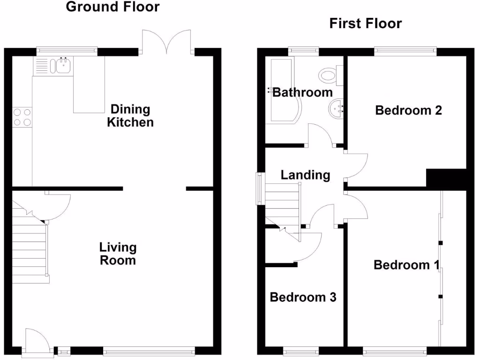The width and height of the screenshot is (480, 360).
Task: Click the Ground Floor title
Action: pyautogui.click(x=112, y=7)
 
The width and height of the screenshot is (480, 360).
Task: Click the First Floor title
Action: pyautogui.click(x=365, y=23)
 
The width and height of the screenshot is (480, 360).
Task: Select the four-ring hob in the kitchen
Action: pyautogui.click(x=22, y=117)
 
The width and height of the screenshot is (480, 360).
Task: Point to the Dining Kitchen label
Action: pyautogui.click(x=130, y=116)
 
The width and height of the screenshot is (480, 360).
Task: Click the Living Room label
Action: pyautogui.click(x=118, y=254)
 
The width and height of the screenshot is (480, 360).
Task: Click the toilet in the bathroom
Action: pyautogui.click(x=328, y=75)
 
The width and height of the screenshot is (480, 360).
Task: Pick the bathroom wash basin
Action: pyautogui.click(x=336, y=109)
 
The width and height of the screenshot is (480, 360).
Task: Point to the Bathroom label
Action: pyautogui.click(x=302, y=92)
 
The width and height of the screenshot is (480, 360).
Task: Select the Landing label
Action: pyautogui.click(x=305, y=175)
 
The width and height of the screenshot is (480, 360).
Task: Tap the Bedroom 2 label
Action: pyautogui.click(x=409, y=111)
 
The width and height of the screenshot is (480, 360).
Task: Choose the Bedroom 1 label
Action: pyautogui.click(x=406, y=265)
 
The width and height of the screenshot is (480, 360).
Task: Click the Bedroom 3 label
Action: pyautogui.click(x=303, y=297)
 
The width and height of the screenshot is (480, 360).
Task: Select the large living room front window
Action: pyautogui.click(x=149, y=349)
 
